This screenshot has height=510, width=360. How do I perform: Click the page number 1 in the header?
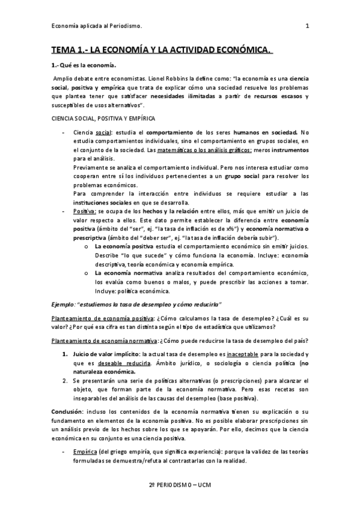point(307,25)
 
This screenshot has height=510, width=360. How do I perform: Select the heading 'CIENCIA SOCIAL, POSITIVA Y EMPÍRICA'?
point(94,119)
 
